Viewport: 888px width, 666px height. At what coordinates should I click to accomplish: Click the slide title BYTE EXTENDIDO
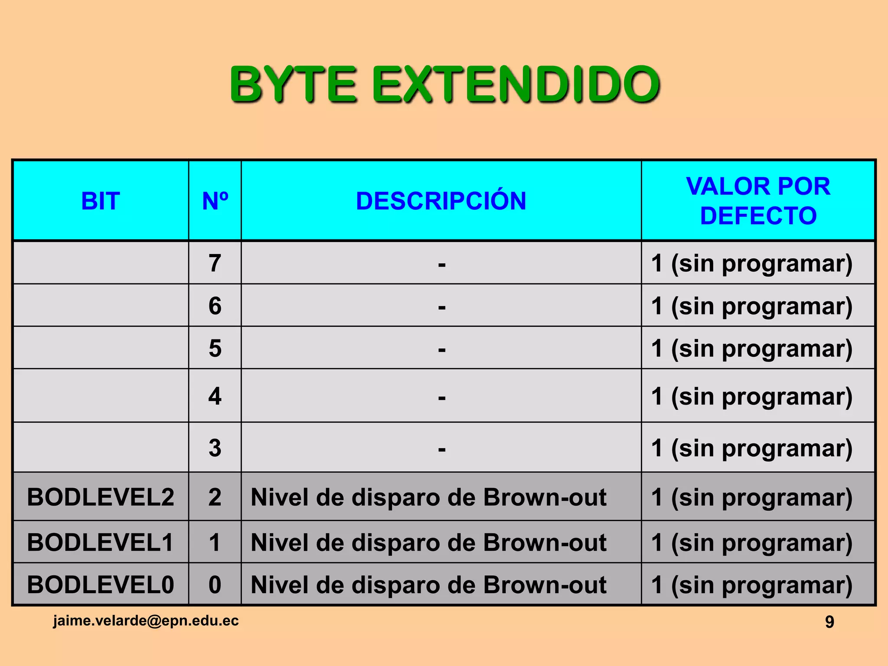click(444, 84)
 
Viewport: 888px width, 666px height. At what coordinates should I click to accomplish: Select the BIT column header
click(101, 201)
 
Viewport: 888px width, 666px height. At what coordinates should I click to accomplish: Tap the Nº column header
click(215, 201)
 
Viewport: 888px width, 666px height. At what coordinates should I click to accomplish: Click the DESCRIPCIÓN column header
click(441, 201)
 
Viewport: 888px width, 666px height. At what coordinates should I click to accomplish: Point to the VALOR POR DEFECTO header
click(758, 201)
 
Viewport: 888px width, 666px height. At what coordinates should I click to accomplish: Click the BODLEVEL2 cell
click(101, 497)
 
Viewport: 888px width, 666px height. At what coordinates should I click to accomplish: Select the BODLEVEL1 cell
click(101, 542)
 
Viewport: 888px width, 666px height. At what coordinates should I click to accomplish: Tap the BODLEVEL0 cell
click(101, 584)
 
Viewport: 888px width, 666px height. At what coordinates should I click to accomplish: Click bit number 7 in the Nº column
click(215, 263)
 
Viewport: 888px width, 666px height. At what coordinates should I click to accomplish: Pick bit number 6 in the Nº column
click(215, 306)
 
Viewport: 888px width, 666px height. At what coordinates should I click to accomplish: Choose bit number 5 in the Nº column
click(215, 348)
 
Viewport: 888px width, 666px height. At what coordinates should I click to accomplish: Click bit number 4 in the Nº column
click(215, 396)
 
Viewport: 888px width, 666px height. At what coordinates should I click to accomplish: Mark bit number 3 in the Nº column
click(215, 448)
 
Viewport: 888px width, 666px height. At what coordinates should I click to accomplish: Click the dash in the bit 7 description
click(441, 264)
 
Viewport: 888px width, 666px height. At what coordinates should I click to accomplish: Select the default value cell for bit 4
click(752, 396)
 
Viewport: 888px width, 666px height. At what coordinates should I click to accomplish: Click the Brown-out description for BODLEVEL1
click(428, 542)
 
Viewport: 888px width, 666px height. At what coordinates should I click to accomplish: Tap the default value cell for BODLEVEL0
click(752, 585)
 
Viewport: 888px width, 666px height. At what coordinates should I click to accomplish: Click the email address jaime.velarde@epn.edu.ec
click(146, 620)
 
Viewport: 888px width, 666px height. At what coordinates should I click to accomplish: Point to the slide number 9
click(829, 622)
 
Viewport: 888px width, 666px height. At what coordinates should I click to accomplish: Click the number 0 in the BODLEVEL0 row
click(215, 584)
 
